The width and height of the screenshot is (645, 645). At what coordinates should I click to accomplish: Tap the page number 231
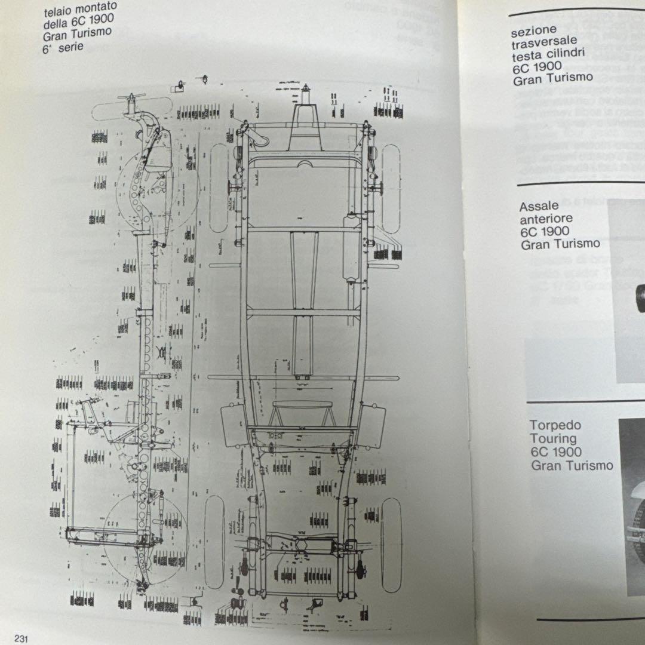[23, 638]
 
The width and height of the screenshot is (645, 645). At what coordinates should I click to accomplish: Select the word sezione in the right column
[533, 30]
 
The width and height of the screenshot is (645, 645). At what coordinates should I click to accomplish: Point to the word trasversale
[543, 42]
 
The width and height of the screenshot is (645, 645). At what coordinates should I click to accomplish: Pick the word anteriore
[546, 219]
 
